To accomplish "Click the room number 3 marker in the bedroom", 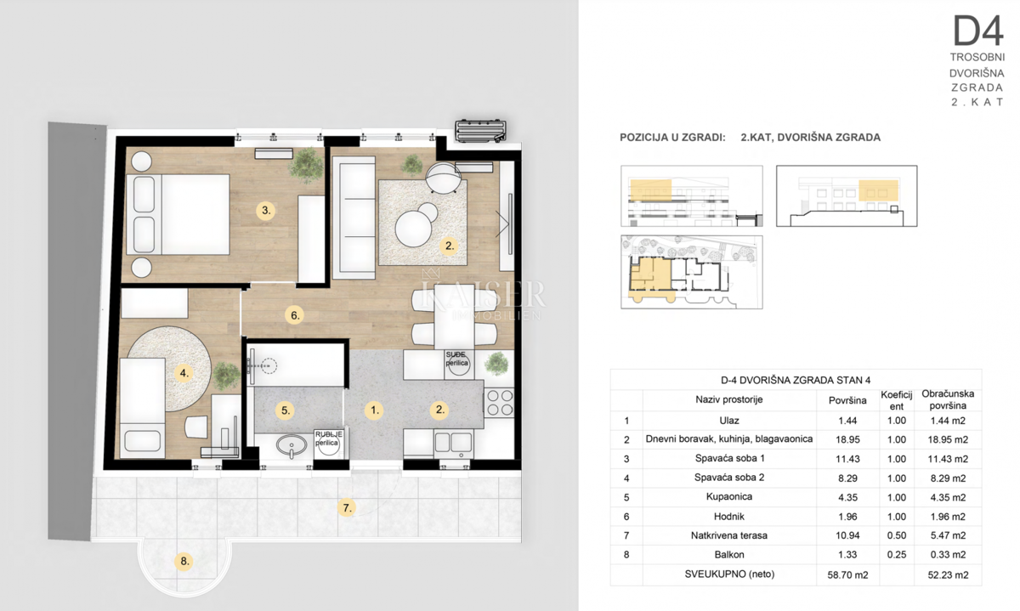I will coord(266,210).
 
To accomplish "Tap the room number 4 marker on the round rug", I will coord(183,371).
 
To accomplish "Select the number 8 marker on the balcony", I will coord(183,561).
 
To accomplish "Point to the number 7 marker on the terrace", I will coord(346,509).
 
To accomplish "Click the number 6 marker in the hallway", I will coord(295,315).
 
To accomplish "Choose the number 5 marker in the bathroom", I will coord(286,410).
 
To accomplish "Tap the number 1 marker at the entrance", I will coord(373,410).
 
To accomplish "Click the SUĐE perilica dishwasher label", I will coord(457,359).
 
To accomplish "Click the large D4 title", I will coord(977,31).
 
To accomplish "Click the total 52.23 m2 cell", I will coord(950,575).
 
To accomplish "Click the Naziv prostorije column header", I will coord(728,399).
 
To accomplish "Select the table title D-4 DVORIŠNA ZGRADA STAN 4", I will coord(796,380).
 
